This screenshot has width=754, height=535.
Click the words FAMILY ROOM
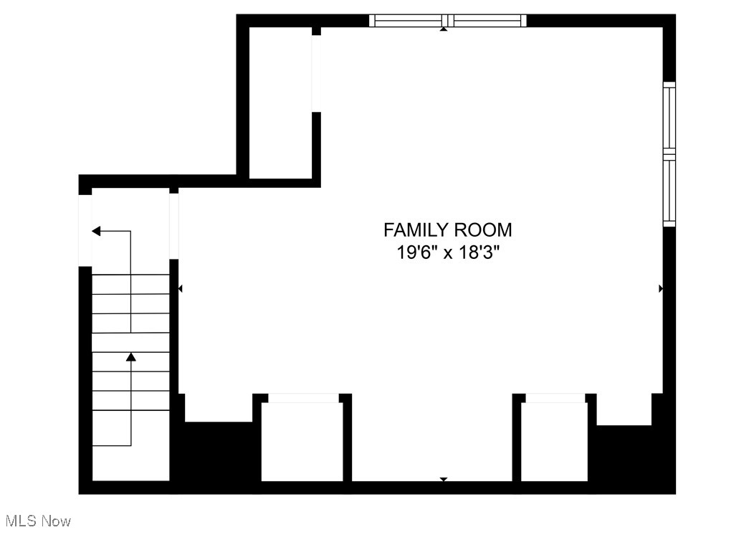coord(448,230)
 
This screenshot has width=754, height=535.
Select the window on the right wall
coord(669,154)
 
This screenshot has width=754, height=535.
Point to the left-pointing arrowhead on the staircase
coord(96,231)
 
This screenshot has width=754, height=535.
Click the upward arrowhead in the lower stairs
coord(130,356)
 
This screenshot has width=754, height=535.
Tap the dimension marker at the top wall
coord(444,29)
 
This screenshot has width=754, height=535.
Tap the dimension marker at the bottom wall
coord(444,478)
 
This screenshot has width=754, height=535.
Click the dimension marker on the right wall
coord(661,288)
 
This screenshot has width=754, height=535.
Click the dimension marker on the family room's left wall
coord(180,288)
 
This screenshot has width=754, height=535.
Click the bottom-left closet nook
coord(302,441)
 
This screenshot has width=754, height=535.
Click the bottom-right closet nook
coord(554,441)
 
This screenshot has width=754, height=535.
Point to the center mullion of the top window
coord(448,21)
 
